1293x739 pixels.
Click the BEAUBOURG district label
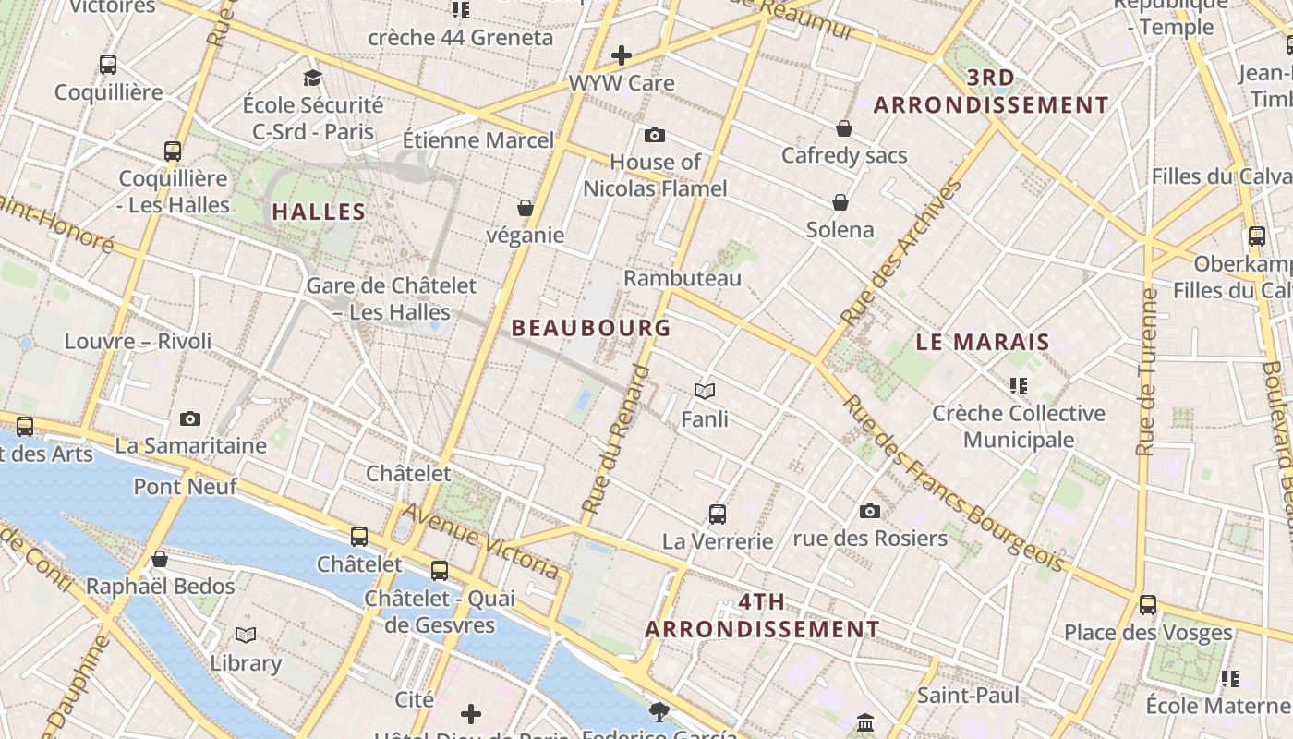tap(591, 328)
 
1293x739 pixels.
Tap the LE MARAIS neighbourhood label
tap(983, 342)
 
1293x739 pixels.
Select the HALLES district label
tap(319, 212)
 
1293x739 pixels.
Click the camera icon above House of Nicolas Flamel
tap(655, 136)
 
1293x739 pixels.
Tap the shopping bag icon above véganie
tap(526, 208)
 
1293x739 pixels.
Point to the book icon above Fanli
tap(705, 392)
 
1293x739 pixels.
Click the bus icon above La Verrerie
tap(718, 515)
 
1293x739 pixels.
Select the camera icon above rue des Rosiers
tap(870, 511)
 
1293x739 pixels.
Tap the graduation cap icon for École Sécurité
tap(312, 78)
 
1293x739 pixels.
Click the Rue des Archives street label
tap(900, 251)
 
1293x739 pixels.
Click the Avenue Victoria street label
tap(480, 540)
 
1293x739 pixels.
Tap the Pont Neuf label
tap(186, 486)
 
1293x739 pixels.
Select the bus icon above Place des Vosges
tap(1148, 605)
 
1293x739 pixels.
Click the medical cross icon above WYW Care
tap(622, 55)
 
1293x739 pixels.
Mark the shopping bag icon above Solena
tap(840, 202)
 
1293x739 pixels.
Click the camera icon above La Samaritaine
tap(190, 418)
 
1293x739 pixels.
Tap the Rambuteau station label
tap(683, 278)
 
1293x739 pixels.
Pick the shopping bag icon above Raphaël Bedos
tap(160, 559)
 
